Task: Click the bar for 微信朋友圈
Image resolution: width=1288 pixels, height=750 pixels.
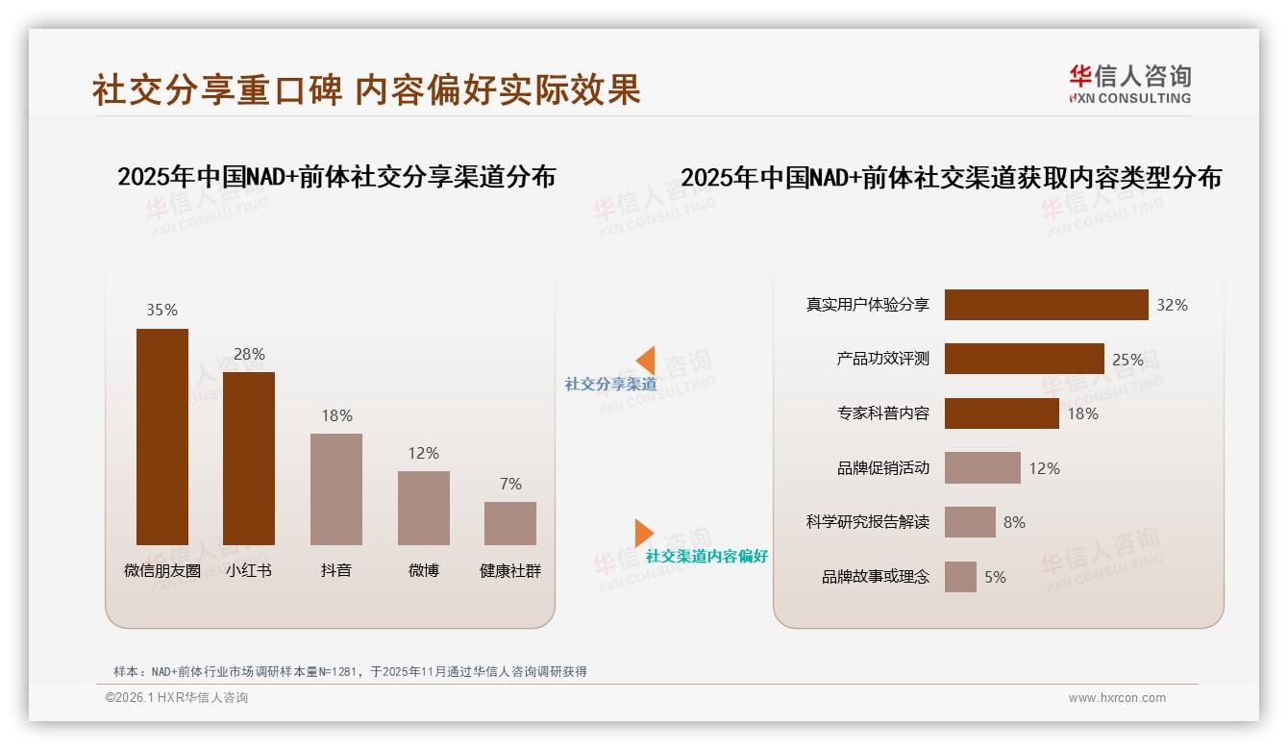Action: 162,437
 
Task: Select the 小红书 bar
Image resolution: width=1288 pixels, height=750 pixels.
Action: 249,459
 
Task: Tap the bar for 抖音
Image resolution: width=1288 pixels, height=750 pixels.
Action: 336,489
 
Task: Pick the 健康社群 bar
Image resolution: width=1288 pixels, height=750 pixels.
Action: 510,523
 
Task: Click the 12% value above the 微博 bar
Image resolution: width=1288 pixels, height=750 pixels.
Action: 423,453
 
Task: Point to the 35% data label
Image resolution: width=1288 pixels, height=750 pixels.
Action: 161,310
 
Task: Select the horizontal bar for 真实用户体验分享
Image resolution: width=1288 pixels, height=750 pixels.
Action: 1046,305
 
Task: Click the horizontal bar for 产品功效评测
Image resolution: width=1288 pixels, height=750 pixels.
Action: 1024,359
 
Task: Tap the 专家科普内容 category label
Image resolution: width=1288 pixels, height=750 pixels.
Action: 882,413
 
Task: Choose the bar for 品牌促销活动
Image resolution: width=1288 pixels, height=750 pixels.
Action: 982,468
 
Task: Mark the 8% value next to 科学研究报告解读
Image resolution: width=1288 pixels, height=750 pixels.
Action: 1014,522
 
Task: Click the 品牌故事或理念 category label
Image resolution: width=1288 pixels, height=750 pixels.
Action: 875,577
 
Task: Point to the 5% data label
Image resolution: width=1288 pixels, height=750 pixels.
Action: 995,577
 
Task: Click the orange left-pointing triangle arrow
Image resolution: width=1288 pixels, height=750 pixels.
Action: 646,361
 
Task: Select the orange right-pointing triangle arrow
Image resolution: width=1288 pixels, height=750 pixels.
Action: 643,533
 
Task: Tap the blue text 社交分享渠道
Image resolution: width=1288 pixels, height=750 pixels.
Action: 610,385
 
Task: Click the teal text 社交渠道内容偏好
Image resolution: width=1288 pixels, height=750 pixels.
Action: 706,557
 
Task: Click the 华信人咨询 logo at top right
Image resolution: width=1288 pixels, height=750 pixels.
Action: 1129,85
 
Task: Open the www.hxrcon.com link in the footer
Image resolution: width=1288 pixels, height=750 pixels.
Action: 1116,698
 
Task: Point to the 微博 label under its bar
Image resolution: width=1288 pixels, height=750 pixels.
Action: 423,570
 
